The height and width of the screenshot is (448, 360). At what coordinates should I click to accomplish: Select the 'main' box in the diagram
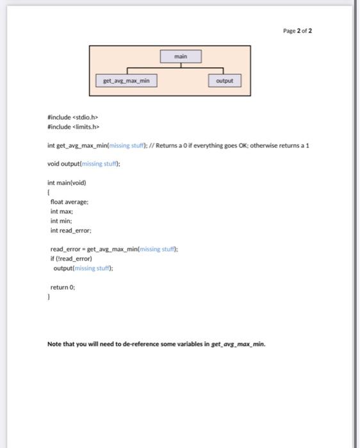[x=181, y=57]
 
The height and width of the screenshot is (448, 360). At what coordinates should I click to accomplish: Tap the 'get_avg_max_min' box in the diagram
[x=126, y=81]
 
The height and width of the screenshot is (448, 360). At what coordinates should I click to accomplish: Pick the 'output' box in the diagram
[x=224, y=81]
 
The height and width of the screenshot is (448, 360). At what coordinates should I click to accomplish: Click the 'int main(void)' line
[x=67, y=182]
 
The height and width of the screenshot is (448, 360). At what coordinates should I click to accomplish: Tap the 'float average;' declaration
[x=70, y=202]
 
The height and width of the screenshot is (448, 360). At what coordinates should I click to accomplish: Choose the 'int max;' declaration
[x=61, y=211]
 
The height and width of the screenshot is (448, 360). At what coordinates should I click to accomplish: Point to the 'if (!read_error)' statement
[x=71, y=259]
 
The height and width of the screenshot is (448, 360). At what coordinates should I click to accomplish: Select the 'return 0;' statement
[x=63, y=287]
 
